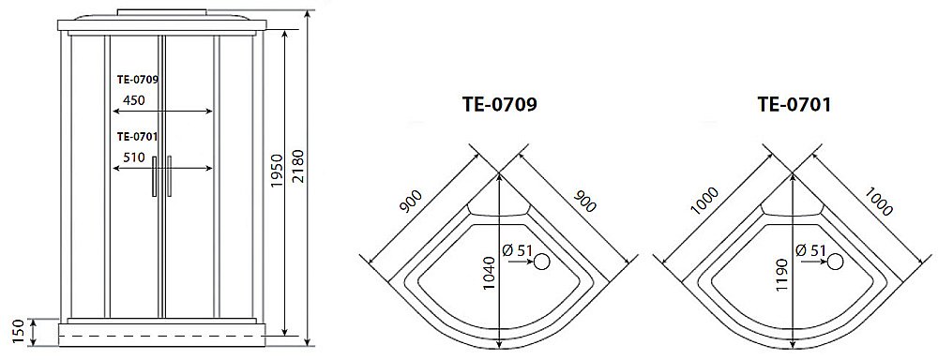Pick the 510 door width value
click(132, 158)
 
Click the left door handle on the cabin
click(153, 176)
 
